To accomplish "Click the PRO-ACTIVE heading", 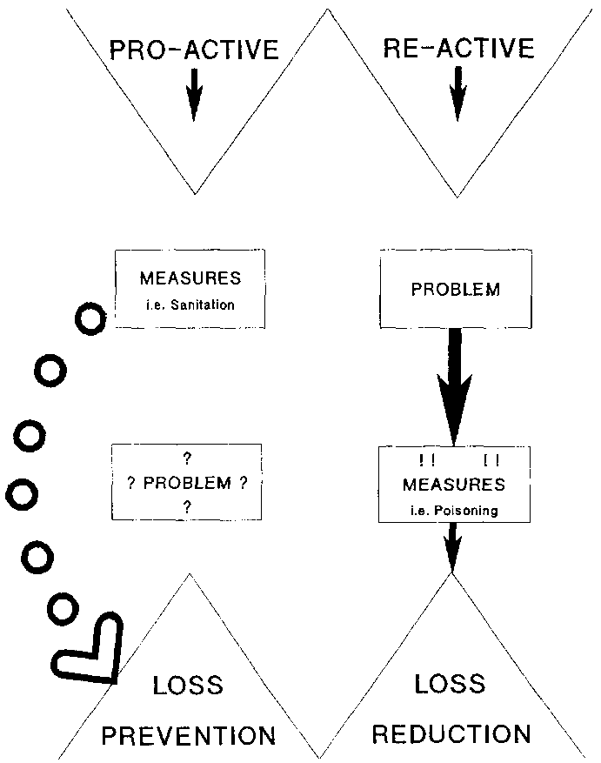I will click(x=193, y=48).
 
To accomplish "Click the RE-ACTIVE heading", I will click(x=457, y=47).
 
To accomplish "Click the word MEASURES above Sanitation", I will click(x=190, y=279).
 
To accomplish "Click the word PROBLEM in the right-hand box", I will click(x=455, y=290).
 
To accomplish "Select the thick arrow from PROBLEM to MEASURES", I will click(x=455, y=383).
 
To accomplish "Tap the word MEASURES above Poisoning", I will click(x=454, y=483).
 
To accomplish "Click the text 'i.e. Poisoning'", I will click(x=454, y=511).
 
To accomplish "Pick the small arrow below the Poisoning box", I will click(x=452, y=548).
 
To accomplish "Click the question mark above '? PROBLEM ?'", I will click(x=187, y=458).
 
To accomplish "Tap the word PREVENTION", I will click(x=189, y=735).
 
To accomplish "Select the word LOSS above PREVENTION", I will click(x=188, y=686).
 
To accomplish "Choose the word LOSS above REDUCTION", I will click(x=450, y=685).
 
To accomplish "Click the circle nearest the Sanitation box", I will click(x=90, y=319).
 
